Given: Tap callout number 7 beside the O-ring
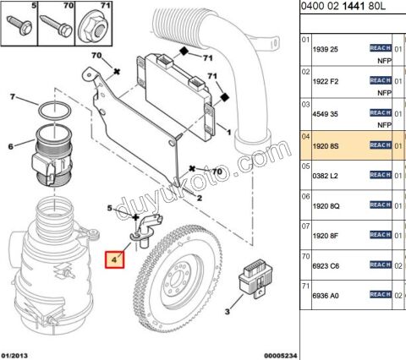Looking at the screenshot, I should [13, 98].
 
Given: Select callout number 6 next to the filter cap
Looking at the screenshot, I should [11, 146].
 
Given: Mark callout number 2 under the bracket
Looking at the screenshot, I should [199, 197].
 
